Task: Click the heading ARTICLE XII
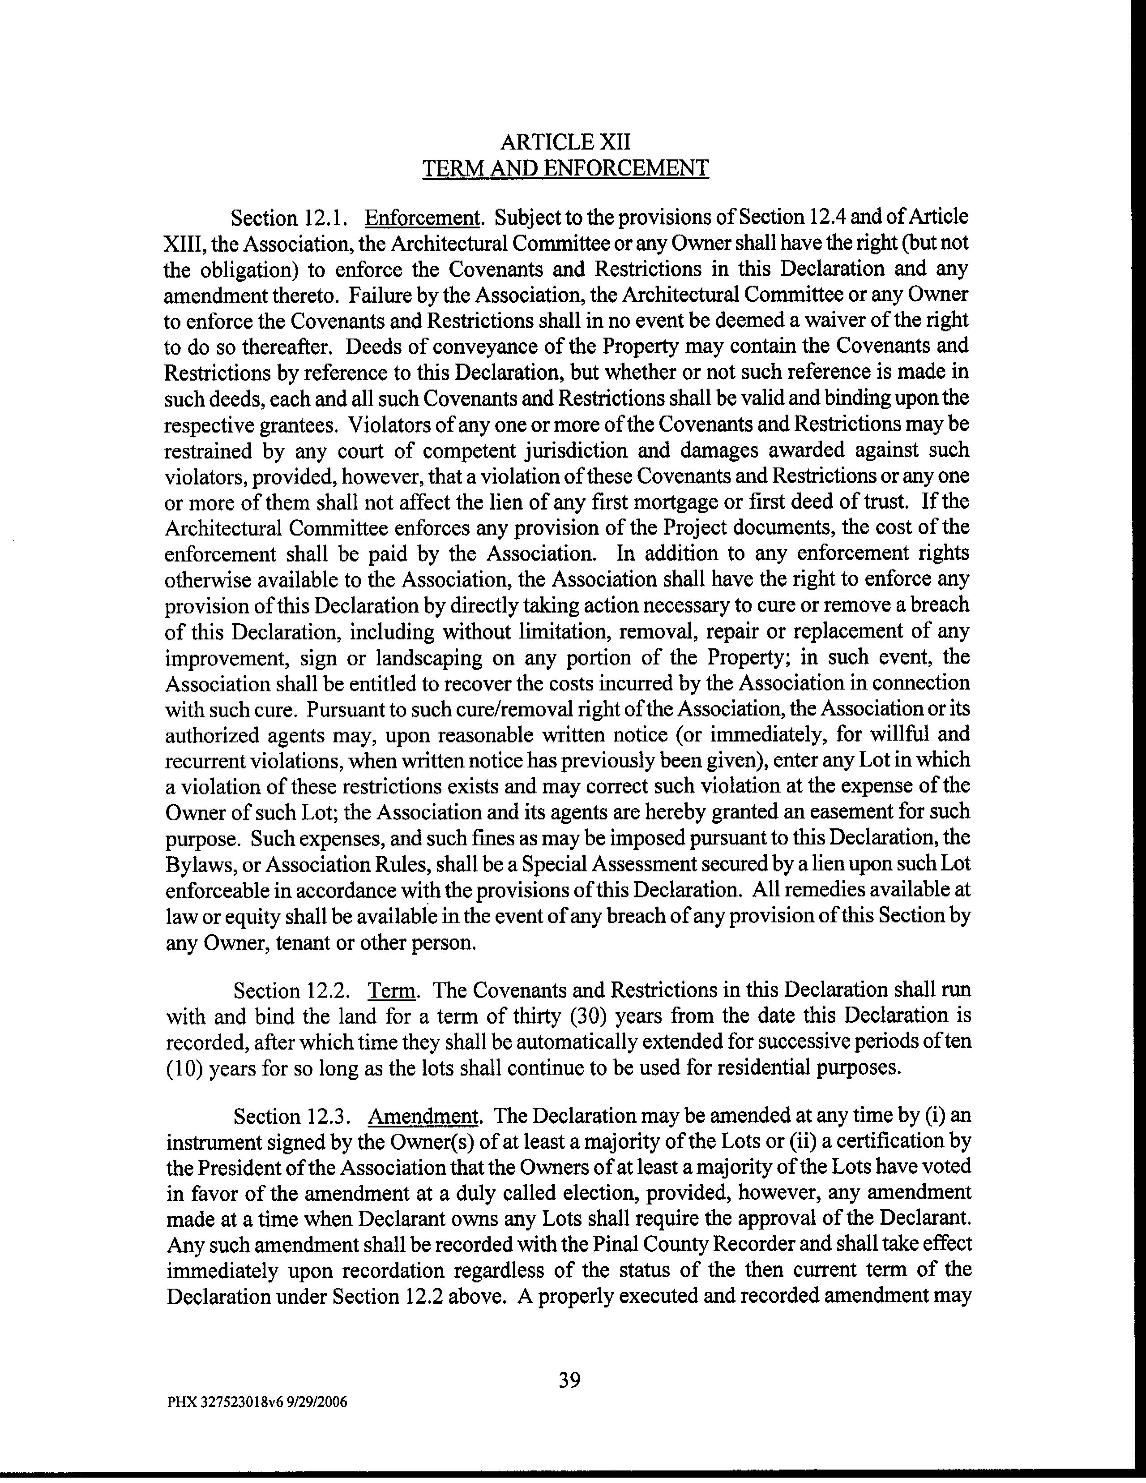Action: [565, 142]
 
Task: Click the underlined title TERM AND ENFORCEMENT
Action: [565, 168]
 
